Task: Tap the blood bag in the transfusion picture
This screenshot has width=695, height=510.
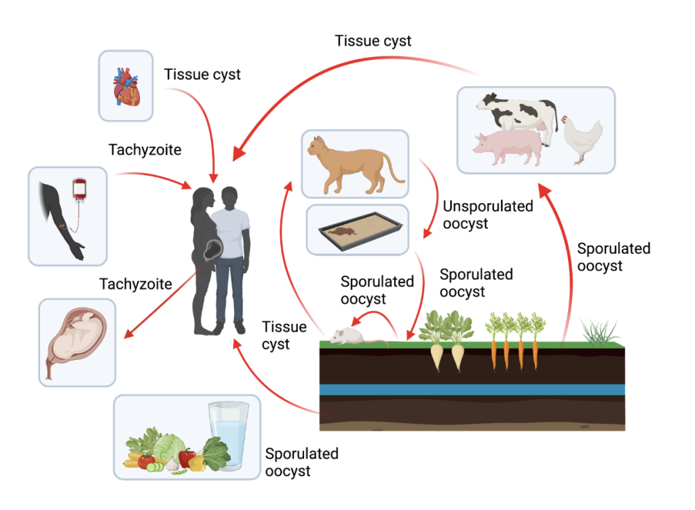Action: tap(79, 188)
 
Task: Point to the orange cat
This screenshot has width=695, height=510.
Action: tap(351, 163)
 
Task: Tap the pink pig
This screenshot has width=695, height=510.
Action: tap(508, 149)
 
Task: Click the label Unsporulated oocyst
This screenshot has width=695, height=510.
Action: tap(487, 214)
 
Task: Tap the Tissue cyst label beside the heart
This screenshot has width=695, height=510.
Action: tap(202, 74)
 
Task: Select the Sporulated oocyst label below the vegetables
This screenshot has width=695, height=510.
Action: tap(301, 462)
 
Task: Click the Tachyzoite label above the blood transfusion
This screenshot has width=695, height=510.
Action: tap(145, 149)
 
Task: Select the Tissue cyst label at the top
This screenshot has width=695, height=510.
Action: tap(373, 41)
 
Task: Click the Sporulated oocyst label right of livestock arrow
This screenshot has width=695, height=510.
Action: tap(614, 257)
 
